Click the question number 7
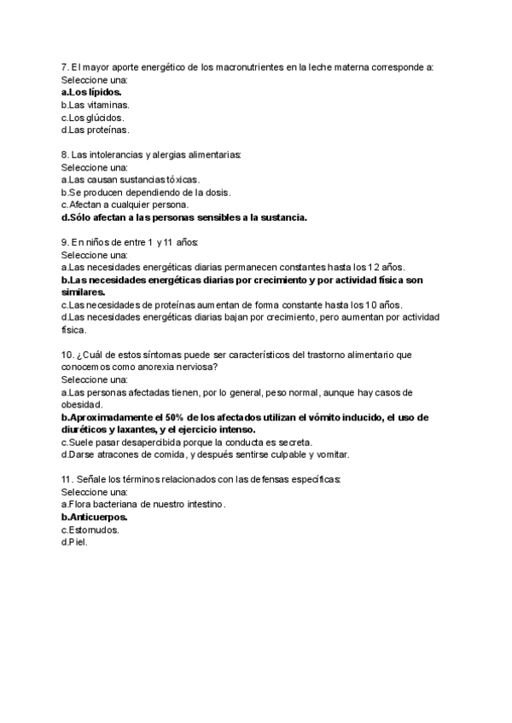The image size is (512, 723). coord(65,67)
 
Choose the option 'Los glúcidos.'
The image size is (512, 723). coord(94,117)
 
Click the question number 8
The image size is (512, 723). coord(65,154)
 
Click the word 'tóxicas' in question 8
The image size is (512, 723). coord(181,180)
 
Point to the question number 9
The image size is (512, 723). coord(65,242)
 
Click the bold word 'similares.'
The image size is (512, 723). coord(86,292)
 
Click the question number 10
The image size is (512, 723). coord(67,355)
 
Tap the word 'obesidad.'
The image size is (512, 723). coord(83,405)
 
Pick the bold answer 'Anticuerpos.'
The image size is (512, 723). coord(95,518)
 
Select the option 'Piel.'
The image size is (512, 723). coord(78,542)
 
